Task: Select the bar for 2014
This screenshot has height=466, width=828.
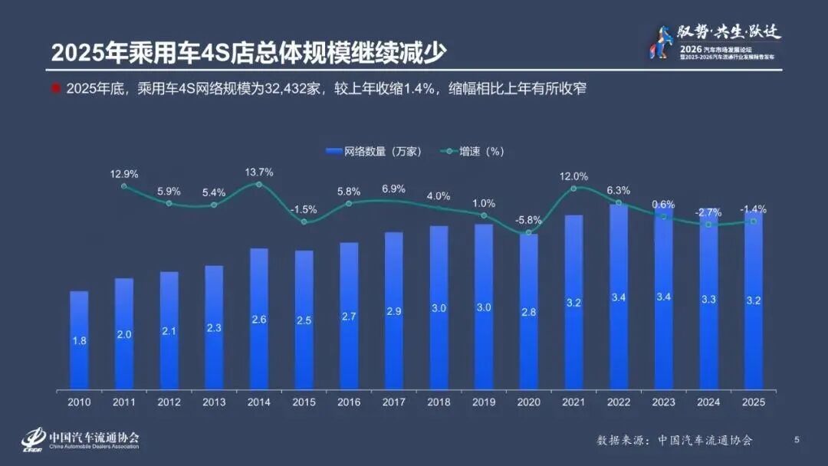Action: (x=259, y=318)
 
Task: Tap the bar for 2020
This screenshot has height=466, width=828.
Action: (x=529, y=310)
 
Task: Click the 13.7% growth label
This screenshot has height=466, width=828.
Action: (x=259, y=172)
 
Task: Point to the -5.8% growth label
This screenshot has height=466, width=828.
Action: (x=529, y=220)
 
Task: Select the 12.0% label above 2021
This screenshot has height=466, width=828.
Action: (x=574, y=176)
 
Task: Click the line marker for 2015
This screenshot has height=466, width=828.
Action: (x=304, y=222)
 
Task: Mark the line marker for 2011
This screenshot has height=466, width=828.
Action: (x=124, y=186)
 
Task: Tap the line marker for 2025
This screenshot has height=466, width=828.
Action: (x=754, y=221)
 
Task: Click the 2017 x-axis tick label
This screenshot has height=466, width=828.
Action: (x=394, y=401)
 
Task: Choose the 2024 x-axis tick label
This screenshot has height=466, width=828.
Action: (x=708, y=401)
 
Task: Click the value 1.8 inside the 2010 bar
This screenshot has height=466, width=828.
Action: (x=79, y=341)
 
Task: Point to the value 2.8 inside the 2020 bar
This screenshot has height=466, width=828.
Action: (x=529, y=312)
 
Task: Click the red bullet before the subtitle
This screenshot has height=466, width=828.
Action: (x=55, y=88)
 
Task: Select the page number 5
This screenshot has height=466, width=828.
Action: (x=797, y=439)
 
